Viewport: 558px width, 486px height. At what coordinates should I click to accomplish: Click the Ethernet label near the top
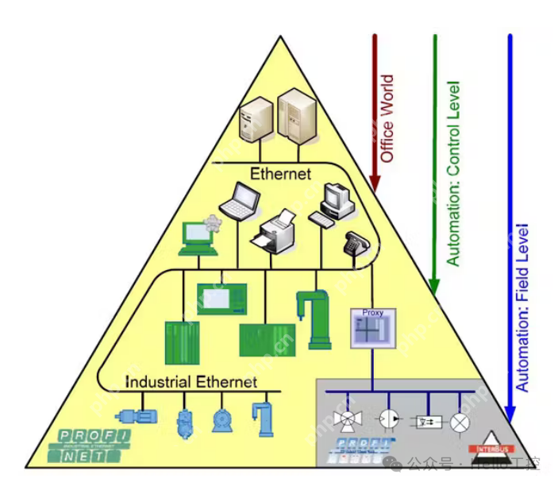click(x=280, y=172)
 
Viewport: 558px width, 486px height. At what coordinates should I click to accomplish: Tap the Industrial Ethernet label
click(x=191, y=382)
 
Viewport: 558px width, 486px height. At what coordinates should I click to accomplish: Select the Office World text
click(x=387, y=119)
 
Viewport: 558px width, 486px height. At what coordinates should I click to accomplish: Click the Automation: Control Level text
click(x=453, y=174)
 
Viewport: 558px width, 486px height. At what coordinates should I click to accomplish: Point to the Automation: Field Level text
click(x=522, y=307)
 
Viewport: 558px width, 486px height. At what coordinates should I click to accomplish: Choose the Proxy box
click(x=372, y=327)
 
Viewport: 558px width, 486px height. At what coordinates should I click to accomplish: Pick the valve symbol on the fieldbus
click(x=347, y=418)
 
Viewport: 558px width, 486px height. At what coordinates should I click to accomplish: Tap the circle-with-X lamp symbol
click(x=460, y=421)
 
